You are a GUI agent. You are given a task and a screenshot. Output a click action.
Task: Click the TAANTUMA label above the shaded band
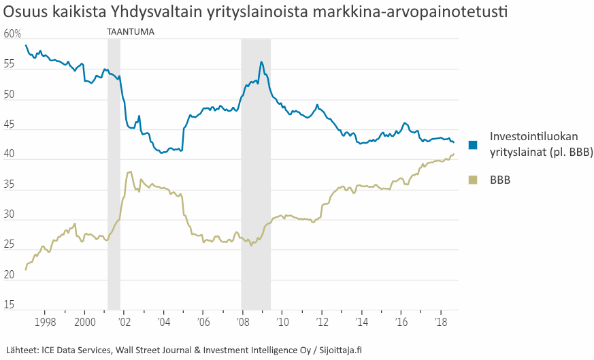coord(131,32)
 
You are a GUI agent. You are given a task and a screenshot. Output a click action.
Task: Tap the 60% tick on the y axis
coord(12,34)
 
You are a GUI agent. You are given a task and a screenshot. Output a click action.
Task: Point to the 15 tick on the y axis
coord(9,305)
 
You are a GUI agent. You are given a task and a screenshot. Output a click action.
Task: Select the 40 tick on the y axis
coord(9,154)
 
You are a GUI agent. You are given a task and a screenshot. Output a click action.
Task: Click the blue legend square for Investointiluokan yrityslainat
coord(474,144)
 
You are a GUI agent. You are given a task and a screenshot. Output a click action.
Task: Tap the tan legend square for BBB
coord(474,180)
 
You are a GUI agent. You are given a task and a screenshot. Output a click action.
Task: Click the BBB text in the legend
coord(500,180)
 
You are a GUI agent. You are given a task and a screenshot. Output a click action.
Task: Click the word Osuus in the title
coord(22,13)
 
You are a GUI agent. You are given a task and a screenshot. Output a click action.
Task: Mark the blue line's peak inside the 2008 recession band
coord(261,62)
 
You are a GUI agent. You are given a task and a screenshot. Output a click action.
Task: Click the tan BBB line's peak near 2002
coord(129,172)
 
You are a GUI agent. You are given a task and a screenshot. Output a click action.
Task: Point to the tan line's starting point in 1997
coord(26,269)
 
